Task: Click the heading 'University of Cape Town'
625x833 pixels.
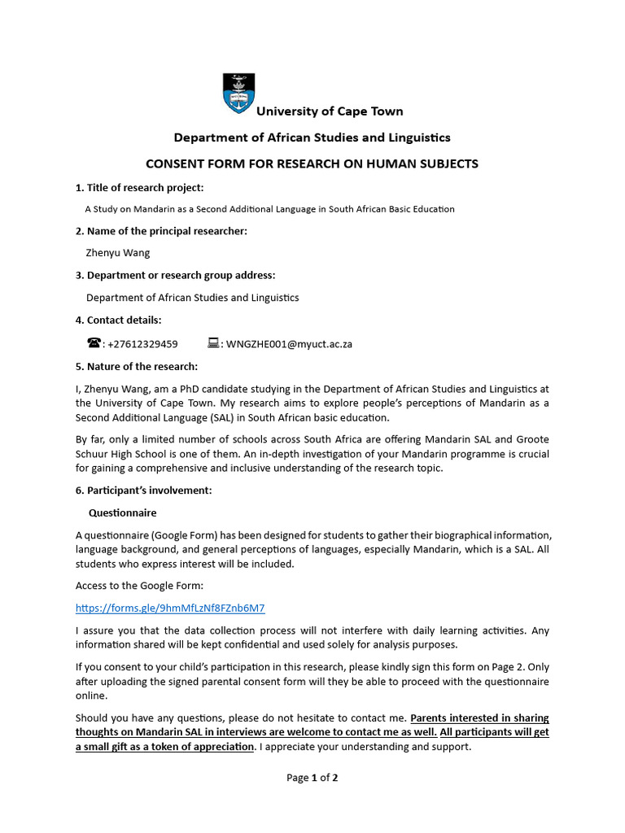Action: [x=330, y=111]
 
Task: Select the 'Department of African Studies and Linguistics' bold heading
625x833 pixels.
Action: [x=312, y=137]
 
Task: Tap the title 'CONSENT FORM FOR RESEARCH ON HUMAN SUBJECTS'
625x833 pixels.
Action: [x=312, y=164]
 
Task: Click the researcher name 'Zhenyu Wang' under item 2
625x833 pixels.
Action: [x=118, y=253]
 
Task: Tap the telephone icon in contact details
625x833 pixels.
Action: [x=94, y=343]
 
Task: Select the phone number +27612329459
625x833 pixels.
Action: [x=142, y=344]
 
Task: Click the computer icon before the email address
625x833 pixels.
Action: [x=214, y=343]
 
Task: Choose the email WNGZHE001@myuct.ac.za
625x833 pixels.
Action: [x=289, y=344]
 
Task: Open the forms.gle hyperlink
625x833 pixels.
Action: [x=170, y=608]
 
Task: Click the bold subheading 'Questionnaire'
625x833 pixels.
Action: [x=122, y=513]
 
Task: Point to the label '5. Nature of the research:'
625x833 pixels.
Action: [x=137, y=366]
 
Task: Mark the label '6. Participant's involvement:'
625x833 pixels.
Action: [x=143, y=491]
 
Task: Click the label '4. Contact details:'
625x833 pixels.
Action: [x=119, y=320]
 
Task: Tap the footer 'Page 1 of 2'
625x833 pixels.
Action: [x=312, y=778]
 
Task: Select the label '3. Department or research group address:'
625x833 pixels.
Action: [x=175, y=275]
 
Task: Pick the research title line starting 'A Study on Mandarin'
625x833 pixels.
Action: [x=269, y=209]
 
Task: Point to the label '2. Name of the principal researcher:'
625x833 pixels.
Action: [x=161, y=231]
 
